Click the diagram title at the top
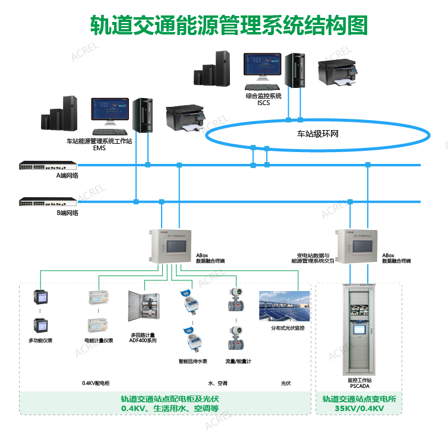tap(229, 26)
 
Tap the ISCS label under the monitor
tap(264, 103)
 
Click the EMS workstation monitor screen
tap(109, 111)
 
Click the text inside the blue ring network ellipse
tap(317, 134)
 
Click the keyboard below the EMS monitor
tap(109, 132)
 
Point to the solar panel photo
tap(285, 306)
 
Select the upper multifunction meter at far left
tap(40, 296)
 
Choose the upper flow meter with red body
tap(237, 300)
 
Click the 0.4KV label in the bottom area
tap(96, 383)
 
